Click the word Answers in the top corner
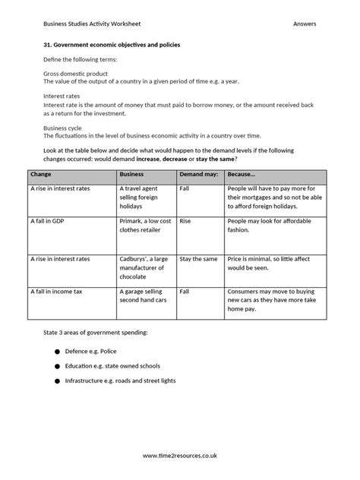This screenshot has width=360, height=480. pos(304,25)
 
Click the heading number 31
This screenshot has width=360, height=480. pos(48,45)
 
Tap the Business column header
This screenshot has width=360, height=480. pos(132,175)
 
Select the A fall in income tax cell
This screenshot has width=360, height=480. pos(58,292)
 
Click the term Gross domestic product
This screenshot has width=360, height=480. pos(72,72)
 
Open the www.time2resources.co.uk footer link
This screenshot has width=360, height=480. pos(180,456)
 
